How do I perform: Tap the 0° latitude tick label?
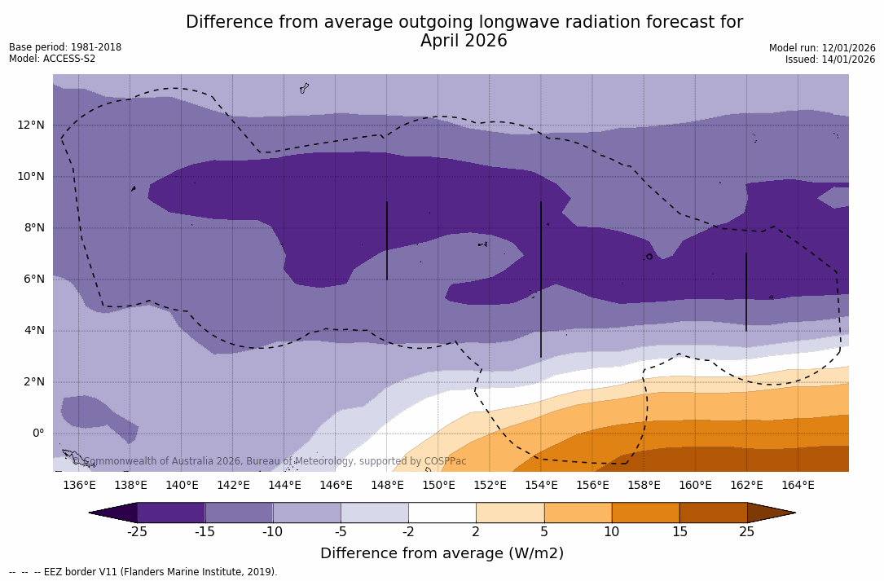[x=38, y=433]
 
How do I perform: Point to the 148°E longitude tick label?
[x=387, y=486]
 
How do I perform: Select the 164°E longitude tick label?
[x=798, y=486]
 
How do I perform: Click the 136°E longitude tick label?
[x=79, y=486]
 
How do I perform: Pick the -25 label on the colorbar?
[x=137, y=532]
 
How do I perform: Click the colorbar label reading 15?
[x=679, y=532]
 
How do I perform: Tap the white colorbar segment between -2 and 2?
[x=442, y=513]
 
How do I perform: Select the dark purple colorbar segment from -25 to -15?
[x=171, y=513]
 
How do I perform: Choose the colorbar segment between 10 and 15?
[x=644, y=513]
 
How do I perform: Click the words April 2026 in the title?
[x=464, y=41]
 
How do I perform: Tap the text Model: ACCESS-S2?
[x=52, y=59]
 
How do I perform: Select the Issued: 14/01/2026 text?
[x=830, y=59]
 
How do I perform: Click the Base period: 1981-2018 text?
[x=65, y=47]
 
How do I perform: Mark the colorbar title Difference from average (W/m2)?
[x=442, y=553]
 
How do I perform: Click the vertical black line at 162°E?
[x=746, y=292]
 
